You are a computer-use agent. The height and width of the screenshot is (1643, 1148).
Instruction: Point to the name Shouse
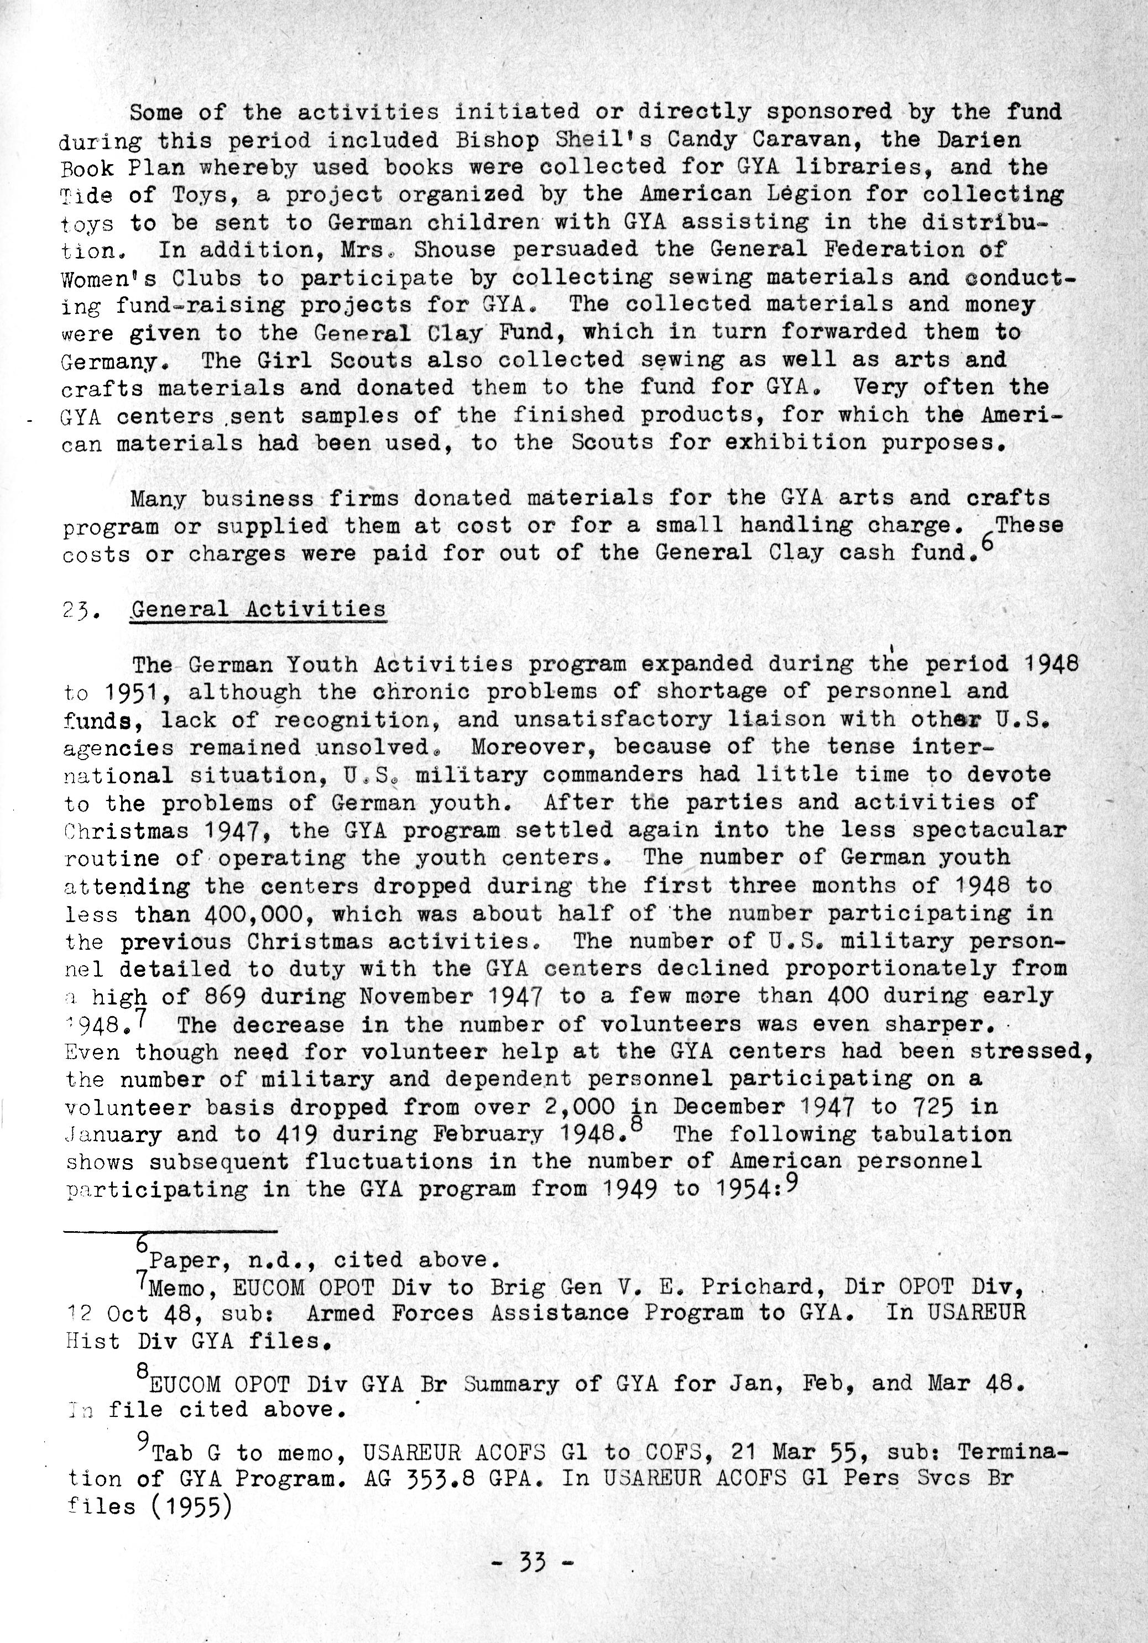pos(454,250)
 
